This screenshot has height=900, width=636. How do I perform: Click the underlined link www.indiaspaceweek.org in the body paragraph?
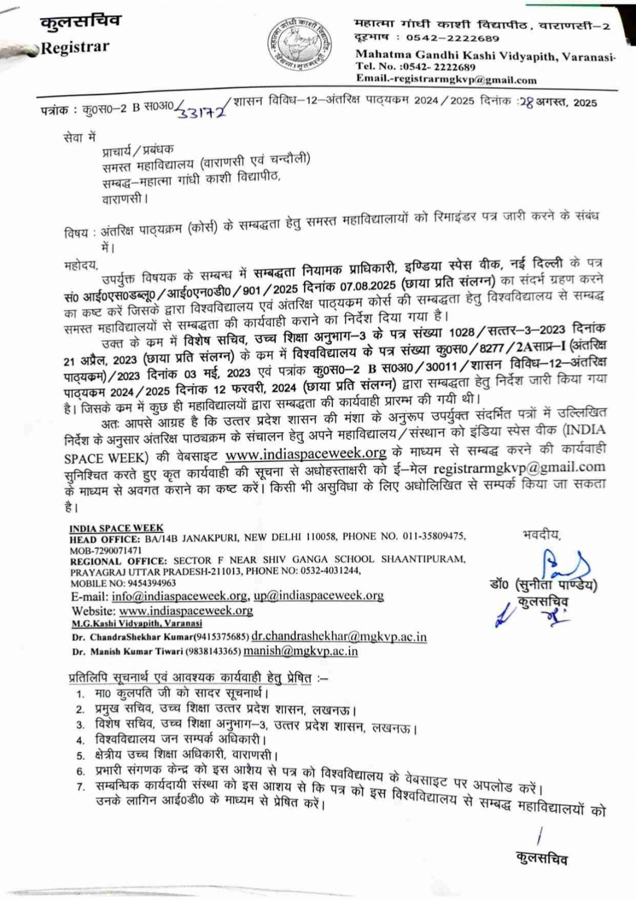(306, 453)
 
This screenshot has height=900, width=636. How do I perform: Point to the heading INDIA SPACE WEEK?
(116, 528)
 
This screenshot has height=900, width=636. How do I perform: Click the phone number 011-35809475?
(433, 537)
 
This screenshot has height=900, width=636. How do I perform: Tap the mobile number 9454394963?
(151, 583)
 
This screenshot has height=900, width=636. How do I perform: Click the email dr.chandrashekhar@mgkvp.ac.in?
(339, 637)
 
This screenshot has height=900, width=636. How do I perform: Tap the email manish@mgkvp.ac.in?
(301, 651)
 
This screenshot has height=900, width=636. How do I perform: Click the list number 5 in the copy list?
(81, 755)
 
